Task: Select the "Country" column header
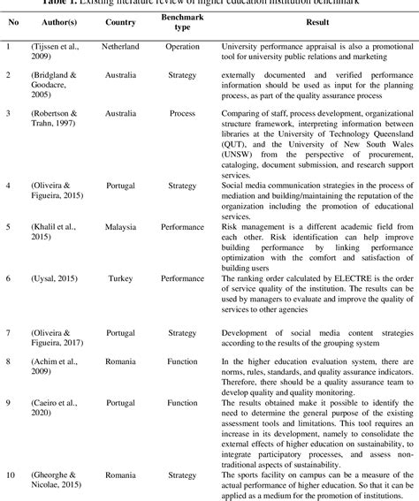click(x=120, y=21)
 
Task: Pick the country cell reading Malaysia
click(x=120, y=201)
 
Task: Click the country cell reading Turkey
click(x=120, y=253)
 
